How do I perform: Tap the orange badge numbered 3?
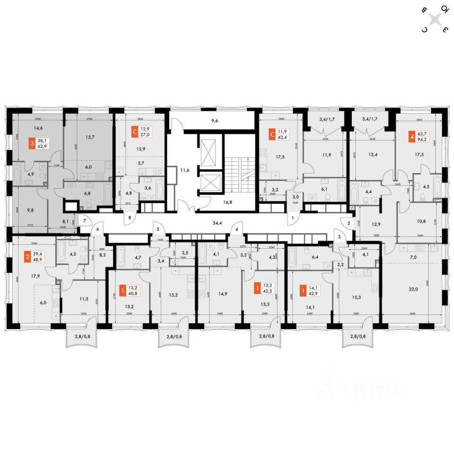point(32,143)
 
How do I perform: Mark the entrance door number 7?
point(85,221)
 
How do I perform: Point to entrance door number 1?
point(293,217)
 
